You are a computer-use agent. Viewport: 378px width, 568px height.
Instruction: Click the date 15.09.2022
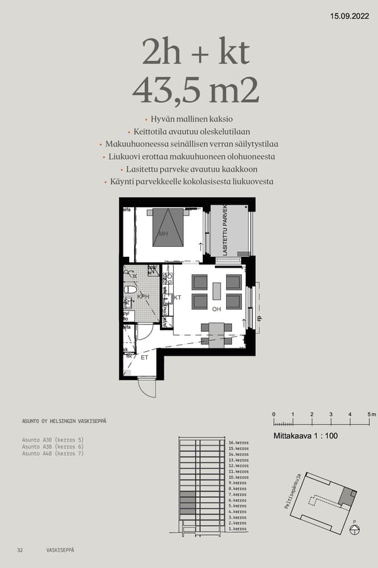click(x=350, y=16)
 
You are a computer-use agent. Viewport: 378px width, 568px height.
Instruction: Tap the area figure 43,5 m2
click(x=195, y=90)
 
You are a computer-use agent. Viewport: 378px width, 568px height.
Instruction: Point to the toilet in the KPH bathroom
click(x=130, y=290)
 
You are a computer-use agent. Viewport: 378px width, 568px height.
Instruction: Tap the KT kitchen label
click(x=178, y=297)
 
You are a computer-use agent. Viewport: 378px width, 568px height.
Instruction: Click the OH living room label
click(x=216, y=309)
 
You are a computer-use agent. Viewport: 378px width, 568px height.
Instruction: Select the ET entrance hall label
click(x=144, y=357)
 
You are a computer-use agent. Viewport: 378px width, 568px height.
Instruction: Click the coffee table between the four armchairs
click(x=217, y=291)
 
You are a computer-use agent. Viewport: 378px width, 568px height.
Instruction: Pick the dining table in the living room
click(x=216, y=333)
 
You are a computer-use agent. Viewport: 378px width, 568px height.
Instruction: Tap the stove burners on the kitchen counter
click(x=168, y=278)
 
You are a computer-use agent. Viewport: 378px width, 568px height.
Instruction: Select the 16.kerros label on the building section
click(x=238, y=443)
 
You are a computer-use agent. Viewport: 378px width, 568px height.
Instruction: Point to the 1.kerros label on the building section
click(x=237, y=528)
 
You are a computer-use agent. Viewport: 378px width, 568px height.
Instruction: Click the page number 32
click(x=20, y=550)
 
